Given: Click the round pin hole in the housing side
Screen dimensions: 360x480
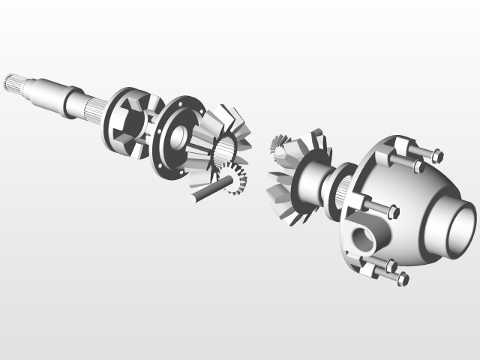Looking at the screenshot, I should tap(363, 239).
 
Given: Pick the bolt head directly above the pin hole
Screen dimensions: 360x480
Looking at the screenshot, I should tap(392, 212).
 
